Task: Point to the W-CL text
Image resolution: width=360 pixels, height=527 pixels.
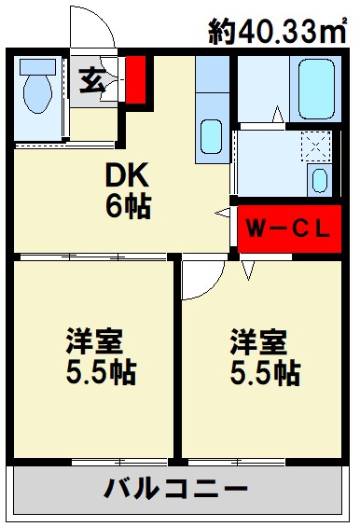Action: click(x=286, y=229)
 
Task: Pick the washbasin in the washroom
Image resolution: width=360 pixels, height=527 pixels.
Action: click(x=320, y=180)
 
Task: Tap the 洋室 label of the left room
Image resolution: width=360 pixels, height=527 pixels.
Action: click(x=93, y=340)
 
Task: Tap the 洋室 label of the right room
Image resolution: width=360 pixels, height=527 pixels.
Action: click(x=258, y=340)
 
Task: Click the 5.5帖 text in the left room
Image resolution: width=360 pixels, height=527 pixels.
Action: click(x=101, y=373)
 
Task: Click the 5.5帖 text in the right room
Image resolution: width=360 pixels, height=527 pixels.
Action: click(x=265, y=373)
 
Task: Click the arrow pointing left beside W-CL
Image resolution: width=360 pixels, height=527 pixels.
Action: click(x=223, y=214)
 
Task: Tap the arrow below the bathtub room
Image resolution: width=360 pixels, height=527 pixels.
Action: click(x=278, y=116)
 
